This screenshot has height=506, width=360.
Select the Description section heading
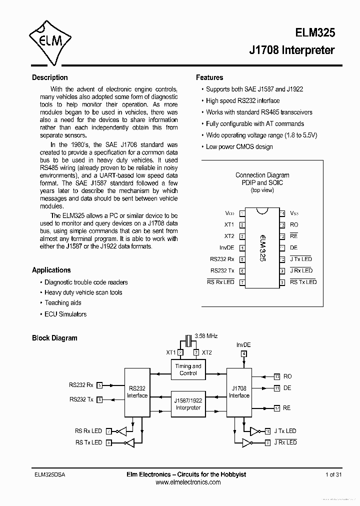49,77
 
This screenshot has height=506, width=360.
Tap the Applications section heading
51,270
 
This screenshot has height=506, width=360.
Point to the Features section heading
209,77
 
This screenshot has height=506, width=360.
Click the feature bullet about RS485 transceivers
259,112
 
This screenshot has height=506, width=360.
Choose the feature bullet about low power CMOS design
239,146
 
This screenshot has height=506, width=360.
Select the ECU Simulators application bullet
65,314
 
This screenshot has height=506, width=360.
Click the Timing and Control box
188,369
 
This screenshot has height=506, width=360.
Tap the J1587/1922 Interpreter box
188,404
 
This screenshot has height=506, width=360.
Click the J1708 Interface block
239,392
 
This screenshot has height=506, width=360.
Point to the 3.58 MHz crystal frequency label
205,336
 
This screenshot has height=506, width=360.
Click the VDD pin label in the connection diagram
229,213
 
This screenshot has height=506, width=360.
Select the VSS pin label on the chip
294,213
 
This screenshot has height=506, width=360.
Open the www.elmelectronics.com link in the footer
188,482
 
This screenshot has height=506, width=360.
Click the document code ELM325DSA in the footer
49,474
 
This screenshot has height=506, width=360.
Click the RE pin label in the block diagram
286,408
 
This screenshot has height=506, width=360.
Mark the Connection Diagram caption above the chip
262,175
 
